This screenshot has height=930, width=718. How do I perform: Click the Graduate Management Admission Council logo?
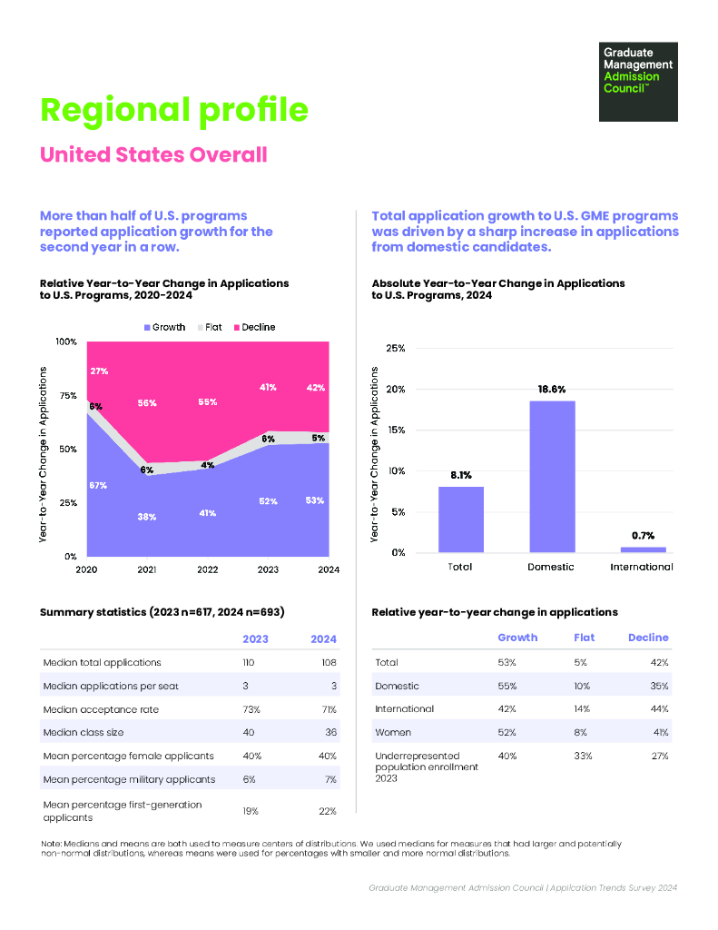point(638,81)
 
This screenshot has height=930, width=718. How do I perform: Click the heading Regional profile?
point(174,110)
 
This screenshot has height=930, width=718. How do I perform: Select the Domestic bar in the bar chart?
point(552,476)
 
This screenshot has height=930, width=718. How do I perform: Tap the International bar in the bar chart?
point(643,549)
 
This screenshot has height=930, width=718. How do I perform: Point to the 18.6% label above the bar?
point(552,389)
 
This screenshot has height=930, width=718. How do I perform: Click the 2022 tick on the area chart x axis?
point(207,569)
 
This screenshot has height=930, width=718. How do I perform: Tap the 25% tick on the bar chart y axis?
point(396,348)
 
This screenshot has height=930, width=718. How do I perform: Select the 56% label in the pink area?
point(147,402)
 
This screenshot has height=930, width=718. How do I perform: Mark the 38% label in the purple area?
point(147,517)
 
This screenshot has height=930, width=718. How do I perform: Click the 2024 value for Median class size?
point(329,732)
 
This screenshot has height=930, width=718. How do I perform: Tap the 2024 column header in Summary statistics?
point(323,639)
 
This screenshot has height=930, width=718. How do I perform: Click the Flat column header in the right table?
point(585,638)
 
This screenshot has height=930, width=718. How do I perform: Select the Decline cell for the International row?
point(660,709)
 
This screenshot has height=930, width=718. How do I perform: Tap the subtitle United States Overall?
point(153,154)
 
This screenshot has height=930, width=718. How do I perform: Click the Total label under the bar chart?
point(460,567)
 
